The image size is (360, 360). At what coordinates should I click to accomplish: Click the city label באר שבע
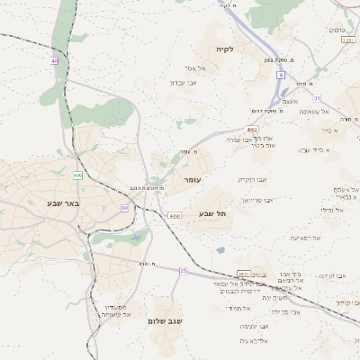(x=64, y=202)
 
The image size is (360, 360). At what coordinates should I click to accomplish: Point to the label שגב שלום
(x=165, y=320)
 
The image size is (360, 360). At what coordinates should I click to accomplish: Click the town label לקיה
(x=224, y=49)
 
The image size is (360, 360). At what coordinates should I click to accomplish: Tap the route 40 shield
(x=54, y=61)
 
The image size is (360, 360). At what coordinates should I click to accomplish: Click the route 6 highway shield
(x=281, y=75)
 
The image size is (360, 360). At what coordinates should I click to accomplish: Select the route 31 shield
(x=317, y=97)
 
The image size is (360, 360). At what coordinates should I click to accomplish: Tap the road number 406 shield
(x=78, y=175)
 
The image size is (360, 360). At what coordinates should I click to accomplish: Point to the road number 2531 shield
(x=244, y=274)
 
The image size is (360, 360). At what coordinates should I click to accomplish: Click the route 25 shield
(x=183, y=270)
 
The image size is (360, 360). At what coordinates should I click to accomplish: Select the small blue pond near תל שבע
(x=220, y=250)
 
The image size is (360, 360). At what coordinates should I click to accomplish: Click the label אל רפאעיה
(x=306, y=238)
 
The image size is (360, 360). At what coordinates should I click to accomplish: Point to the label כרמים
(x=337, y=30)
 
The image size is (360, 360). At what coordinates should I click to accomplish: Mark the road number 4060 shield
(x=175, y=216)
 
